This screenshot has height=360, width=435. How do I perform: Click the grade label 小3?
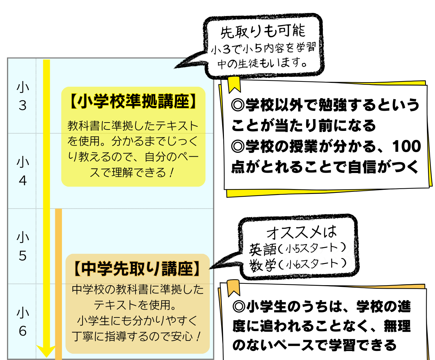(x=23, y=96)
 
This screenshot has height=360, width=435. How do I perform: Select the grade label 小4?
(x=23, y=171)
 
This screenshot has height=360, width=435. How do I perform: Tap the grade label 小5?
(x=23, y=246)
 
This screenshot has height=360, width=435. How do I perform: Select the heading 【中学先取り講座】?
(x=138, y=269)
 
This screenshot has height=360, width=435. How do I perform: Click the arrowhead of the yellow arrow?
(x=46, y=351)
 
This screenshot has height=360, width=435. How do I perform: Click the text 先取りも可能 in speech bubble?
(x=263, y=32)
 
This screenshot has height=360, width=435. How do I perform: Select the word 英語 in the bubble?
(x=263, y=249)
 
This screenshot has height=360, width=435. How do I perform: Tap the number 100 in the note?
(x=406, y=147)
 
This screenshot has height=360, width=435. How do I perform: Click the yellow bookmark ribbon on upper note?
(x=234, y=85)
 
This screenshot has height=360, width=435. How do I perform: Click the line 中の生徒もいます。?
(x=263, y=63)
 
